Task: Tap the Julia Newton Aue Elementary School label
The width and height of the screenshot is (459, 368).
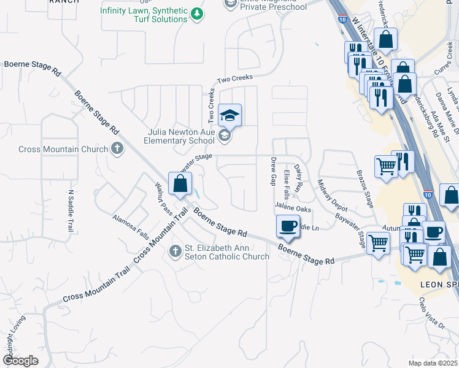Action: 174,136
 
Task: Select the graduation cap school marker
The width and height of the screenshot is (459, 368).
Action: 229,115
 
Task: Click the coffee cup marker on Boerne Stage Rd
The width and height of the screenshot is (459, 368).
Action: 288,226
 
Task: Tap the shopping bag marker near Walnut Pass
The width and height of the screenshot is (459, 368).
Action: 180,183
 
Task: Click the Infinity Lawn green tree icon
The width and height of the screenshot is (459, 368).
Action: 196,13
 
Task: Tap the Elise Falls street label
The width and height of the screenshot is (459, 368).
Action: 287,185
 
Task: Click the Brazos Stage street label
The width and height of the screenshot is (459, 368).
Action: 365,190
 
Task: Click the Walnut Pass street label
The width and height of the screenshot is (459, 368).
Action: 163,197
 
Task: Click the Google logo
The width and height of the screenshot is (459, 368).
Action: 20,360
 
